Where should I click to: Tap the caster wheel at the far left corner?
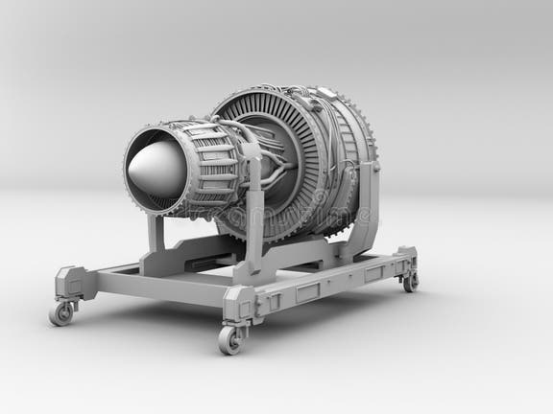tap(61, 313)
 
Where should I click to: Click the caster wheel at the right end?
tap(411, 282)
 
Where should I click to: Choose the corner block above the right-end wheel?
tap(407, 259)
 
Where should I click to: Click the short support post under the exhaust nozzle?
tap(156, 234)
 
